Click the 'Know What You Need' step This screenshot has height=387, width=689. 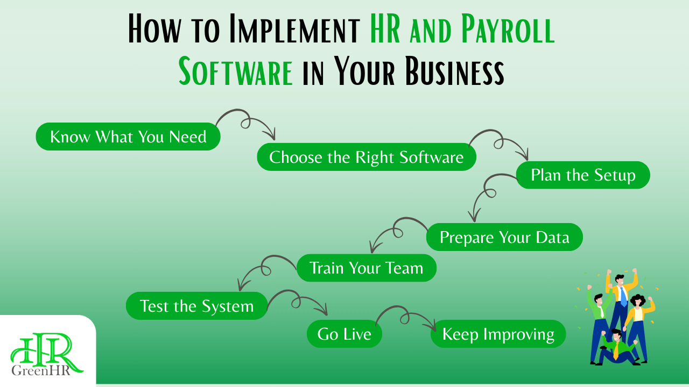click(x=128, y=137)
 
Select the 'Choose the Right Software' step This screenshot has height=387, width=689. click(x=366, y=157)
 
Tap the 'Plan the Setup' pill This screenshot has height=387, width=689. click(x=583, y=175)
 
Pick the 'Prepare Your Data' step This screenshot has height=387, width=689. click(x=504, y=237)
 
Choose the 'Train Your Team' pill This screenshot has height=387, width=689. click(x=366, y=268)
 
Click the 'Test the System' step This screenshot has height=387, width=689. click(x=196, y=306)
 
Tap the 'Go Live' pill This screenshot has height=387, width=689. click(x=344, y=334)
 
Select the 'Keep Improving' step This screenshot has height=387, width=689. click(x=498, y=334)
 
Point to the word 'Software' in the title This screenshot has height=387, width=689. click(x=236, y=72)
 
